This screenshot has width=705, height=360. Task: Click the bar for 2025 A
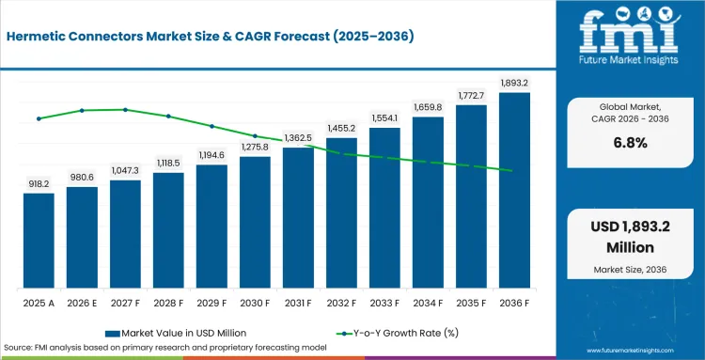(x=39, y=241)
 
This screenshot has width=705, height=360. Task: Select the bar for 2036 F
(x=514, y=190)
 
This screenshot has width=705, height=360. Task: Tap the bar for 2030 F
(x=255, y=222)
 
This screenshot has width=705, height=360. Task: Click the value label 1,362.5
(x=298, y=137)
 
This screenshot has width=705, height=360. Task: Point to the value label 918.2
(x=39, y=184)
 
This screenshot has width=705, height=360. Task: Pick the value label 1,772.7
(x=471, y=95)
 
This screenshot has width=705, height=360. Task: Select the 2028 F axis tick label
(x=168, y=304)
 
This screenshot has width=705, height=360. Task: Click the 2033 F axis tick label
(x=384, y=304)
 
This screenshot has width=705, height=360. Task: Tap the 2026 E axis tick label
(x=82, y=304)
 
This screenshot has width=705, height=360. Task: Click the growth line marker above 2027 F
(x=125, y=110)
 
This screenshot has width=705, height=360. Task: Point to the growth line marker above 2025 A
(x=39, y=118)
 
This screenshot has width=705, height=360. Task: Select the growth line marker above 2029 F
(x=211, y=126)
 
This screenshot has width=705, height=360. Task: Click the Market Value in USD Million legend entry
(x=176, y=333)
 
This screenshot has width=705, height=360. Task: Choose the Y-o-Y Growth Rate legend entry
(x=398, y=333)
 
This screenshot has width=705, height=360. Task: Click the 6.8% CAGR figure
(x=631, y=144)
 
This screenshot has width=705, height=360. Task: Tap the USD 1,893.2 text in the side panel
(x=631, y=227)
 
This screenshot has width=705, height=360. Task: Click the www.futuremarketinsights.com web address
(x=631, y=351)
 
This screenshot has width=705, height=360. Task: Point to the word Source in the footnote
(x=16, y=348)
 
